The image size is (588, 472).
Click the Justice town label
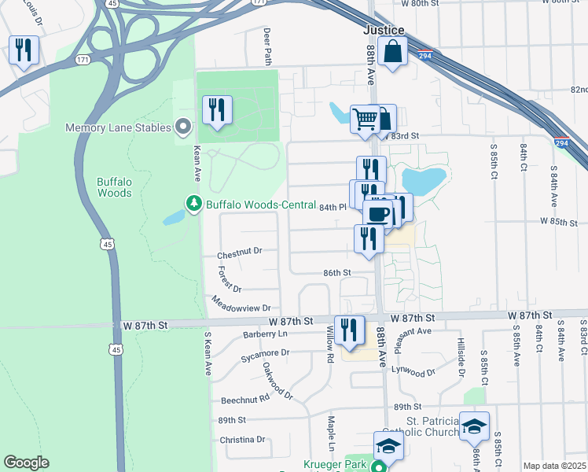coord(384,30)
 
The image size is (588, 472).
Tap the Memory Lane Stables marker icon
coord(184,126)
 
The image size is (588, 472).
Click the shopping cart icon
coord(365,120)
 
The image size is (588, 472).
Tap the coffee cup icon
coord(378,213)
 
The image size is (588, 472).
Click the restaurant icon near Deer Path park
coord(217,109)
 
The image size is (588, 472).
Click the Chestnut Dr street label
coord(238,255)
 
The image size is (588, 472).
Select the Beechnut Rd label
coord(244,400)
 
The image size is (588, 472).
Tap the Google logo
coord(26,463)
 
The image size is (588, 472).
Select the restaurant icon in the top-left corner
coord(23,50)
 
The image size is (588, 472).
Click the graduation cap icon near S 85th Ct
coord(474,426)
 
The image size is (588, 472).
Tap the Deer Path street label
coord(267,46)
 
